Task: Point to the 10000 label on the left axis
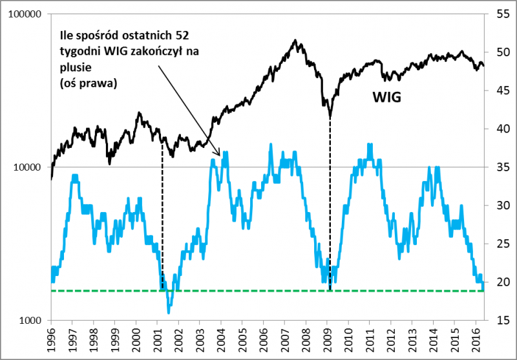pos(29,167)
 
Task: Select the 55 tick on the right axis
pos(501,14)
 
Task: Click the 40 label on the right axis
pos(501,129)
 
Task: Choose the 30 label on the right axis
pos(501,206)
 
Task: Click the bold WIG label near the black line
pos(386,98)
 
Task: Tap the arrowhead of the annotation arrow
pos(221,155)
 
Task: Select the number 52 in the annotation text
pos(180,35)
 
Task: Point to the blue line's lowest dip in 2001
pos(169,312)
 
